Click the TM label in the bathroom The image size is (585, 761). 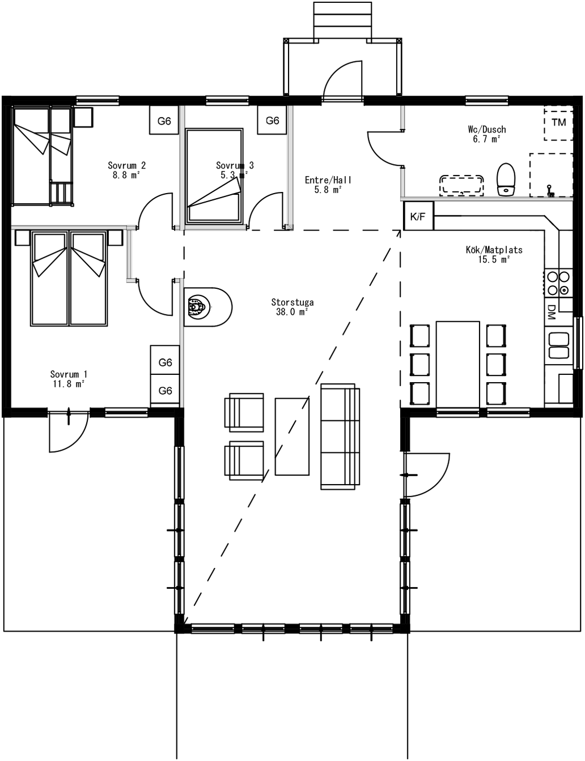pos(559,122)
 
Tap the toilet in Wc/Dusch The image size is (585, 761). pos(506,179)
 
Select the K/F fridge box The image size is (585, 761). pos(418,216)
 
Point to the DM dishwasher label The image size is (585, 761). pos(551,312)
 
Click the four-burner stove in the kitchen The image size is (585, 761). pos(558,283)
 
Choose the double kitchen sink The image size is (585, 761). pos(558,345)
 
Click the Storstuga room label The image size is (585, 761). pos(292,302)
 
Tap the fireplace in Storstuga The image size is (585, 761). pos(207,307)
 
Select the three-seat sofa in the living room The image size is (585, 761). pos(340,437)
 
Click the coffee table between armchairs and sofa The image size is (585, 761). pos(292,437)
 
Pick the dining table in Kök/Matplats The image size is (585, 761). pos(458,364)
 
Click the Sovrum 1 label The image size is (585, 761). pos(69,374)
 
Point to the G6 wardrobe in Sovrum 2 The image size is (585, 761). pos(164,120)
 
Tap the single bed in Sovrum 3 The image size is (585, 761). pos(214,176)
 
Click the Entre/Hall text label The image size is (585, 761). pos(328,180)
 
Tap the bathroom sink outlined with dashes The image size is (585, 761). pos(462,185)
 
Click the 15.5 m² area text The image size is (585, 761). pos(494,259)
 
